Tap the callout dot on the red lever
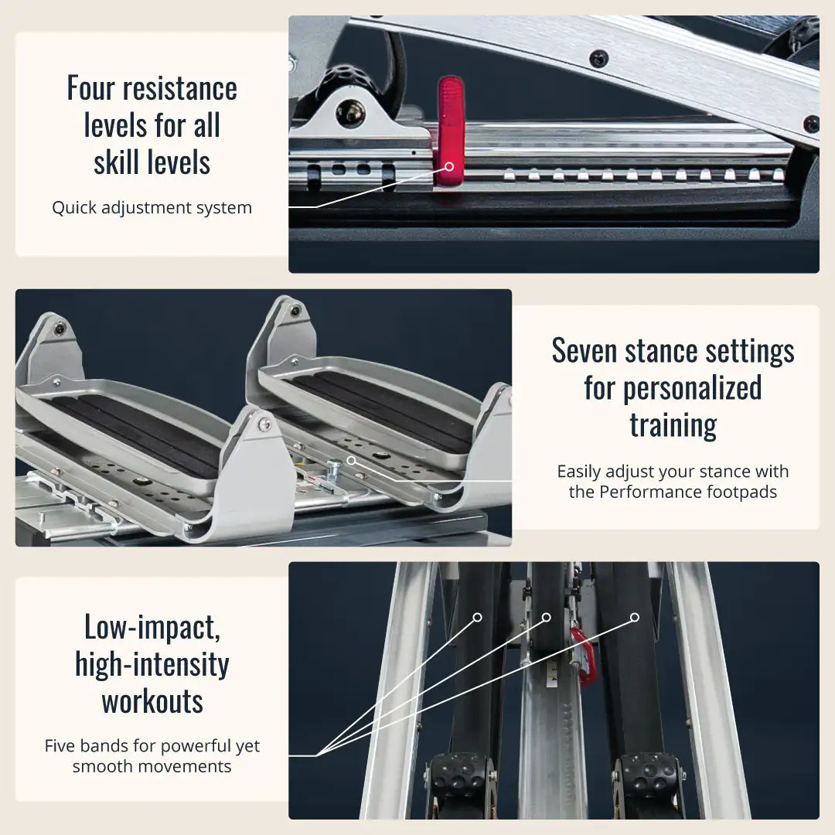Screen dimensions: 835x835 point(449,167)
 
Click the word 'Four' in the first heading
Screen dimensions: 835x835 point(90,88)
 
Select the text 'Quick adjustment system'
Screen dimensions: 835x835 point(152,207)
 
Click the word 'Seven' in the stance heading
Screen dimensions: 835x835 point(584,351)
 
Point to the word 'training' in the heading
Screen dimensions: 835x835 point(673,425)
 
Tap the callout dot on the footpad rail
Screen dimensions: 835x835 point(352,460)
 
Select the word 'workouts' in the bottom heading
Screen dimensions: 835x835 point(152,701)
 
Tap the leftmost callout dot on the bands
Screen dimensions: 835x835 point(477,617)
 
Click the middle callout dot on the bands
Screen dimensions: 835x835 point(546,617)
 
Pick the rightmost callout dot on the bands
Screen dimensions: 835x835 point(634,617)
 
